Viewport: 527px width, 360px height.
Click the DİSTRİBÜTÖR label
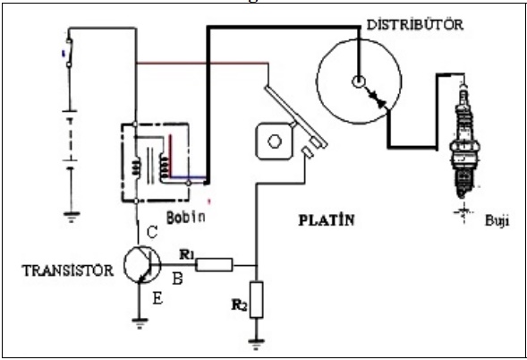pos(415,24)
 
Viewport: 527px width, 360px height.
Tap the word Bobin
pos(186,218)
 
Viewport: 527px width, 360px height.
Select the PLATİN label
pos(327,220)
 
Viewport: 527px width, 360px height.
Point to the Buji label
pos(497,221)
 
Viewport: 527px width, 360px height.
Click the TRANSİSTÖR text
pos(68,270)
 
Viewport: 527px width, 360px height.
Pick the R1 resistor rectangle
pos(214,265)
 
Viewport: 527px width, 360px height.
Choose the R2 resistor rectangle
pos(257,300)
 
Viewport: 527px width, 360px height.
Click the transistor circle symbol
pos(142,264)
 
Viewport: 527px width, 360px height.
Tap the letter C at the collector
pos(152,232)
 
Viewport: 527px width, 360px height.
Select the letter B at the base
pos(178,279)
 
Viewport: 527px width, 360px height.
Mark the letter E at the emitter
pos(158,297)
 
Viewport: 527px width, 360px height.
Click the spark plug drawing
pos(464,141)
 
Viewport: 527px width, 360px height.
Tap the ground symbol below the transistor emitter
pos(140,323)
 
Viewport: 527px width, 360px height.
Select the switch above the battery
pos(69,53)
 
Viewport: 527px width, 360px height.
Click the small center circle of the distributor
pos(359,81)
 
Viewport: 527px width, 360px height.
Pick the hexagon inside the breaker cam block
pos(275,141)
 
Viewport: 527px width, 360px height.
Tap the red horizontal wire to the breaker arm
pos(202,63)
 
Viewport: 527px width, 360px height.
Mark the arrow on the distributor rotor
pos(376,97)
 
